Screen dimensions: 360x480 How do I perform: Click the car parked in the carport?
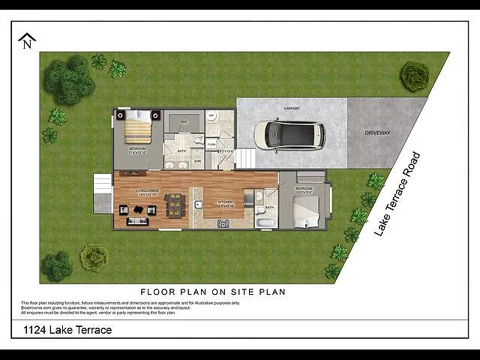(x=289, y=134)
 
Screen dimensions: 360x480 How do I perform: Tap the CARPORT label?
(x=292, y=109)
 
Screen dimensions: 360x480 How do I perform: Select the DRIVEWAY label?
(x=377, y=132)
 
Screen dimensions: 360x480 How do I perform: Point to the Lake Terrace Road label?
(x=397, y=195)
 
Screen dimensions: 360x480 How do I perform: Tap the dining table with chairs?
(x=175, y=204)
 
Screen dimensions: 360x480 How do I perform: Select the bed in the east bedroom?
(x=307, y=212)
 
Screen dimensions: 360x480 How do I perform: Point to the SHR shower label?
(x=197, y=160)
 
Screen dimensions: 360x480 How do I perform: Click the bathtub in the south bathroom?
(x=266, y=223)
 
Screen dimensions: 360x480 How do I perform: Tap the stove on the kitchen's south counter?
(x=223, y=223)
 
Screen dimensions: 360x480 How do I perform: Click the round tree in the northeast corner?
(x=414, y=76)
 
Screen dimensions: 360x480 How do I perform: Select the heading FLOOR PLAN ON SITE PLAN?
(x=213, y=291)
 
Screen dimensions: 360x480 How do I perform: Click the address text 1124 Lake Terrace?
(x=67, y=330)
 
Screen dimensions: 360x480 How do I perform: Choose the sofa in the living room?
(x=138, y=221)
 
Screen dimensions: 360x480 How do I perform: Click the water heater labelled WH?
(x=212, y=116)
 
